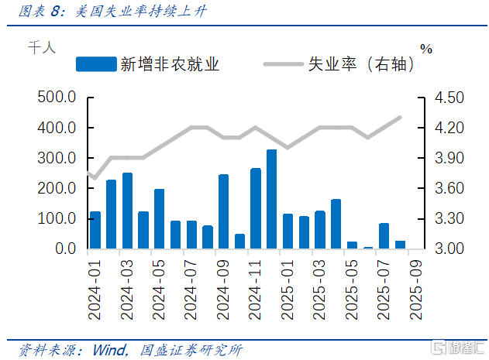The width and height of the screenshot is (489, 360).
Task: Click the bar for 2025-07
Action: [384, 236]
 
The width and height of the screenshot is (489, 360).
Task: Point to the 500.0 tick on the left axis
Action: [56, 98]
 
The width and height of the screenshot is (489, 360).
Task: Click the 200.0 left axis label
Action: [56, 189]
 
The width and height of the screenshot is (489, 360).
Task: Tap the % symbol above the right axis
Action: [426, 48]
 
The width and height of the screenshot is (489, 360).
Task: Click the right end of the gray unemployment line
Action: [400, 118]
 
